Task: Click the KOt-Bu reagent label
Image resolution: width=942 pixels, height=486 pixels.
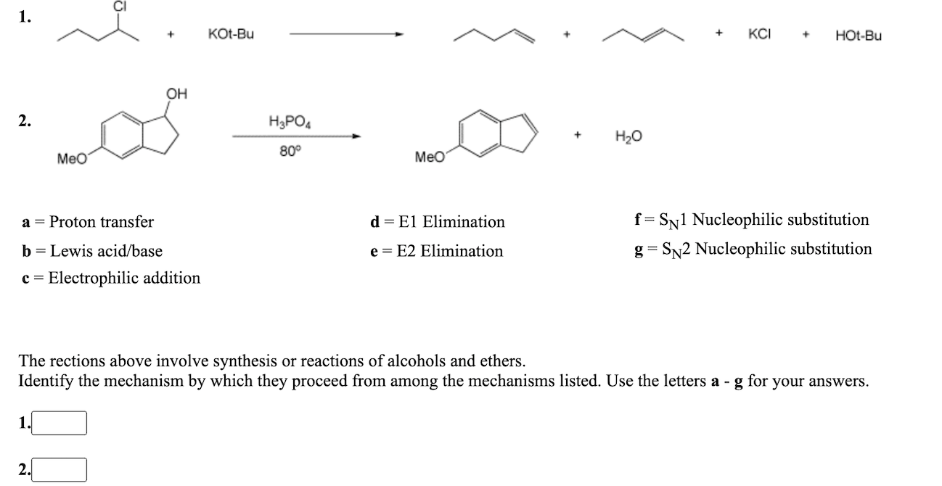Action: tap(231, 34)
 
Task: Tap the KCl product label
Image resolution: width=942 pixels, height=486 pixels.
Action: tap(759, 34)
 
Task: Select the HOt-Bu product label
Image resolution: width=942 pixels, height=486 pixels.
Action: tap(859, 35)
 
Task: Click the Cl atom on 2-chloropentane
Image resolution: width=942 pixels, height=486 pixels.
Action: tap(119, 6)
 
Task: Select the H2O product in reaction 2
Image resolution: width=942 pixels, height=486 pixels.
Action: tap(628, 136)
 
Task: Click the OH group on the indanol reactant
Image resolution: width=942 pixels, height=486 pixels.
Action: tap(176, 94)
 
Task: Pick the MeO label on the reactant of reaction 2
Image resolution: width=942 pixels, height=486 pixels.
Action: tap(72, 158)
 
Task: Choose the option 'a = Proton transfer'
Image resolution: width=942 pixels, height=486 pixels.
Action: tap(88, 221)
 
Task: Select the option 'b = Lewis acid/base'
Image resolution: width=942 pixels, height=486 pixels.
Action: tap(92, 251)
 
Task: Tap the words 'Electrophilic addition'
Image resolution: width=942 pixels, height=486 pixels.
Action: tap(124, 278)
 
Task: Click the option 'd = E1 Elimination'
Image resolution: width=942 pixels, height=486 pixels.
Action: tap(437, 221)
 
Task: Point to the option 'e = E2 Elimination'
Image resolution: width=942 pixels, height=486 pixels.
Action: tap(436, 251)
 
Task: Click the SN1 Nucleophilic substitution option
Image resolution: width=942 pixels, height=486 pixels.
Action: tap(751, 220)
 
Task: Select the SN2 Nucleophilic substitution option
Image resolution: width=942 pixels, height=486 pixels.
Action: tap(753, 250)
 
